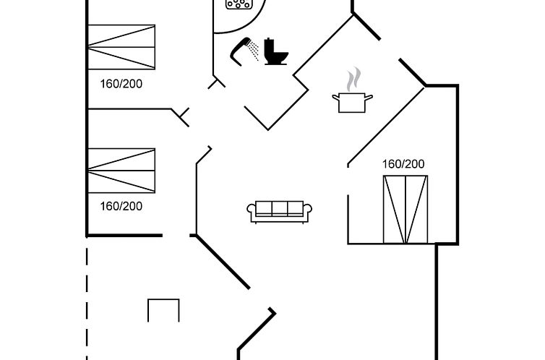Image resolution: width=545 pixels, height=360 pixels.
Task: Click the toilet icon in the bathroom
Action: click(275, 51)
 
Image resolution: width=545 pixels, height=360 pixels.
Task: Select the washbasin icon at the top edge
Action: click(238, 4)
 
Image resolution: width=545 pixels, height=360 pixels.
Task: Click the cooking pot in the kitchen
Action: click(353, 102)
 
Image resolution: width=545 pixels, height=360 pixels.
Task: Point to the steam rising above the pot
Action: click(353, 78)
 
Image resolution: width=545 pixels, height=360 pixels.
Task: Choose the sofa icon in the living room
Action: click(280, 211)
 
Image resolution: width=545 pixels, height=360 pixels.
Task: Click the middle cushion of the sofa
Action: click(280, 209)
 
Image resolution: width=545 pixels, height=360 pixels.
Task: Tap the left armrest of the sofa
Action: click(252, 211)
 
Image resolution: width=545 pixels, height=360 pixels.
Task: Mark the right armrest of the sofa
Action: click(309, 211)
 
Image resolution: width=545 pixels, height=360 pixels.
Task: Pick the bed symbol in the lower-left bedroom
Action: click(121, 171)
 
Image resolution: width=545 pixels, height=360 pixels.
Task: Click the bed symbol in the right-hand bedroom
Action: click(405, 209)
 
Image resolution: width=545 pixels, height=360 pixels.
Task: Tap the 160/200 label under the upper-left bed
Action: click(121, 84)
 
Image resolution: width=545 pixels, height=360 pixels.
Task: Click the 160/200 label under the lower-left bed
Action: click(121, 206)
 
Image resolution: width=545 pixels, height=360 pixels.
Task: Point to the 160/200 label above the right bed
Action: click(403, 164)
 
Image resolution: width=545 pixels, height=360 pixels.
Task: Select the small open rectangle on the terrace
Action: click(163, 310)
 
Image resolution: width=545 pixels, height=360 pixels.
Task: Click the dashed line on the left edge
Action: click(87, 304)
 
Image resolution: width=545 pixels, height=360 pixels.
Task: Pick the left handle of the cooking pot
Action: click(335, 96)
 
